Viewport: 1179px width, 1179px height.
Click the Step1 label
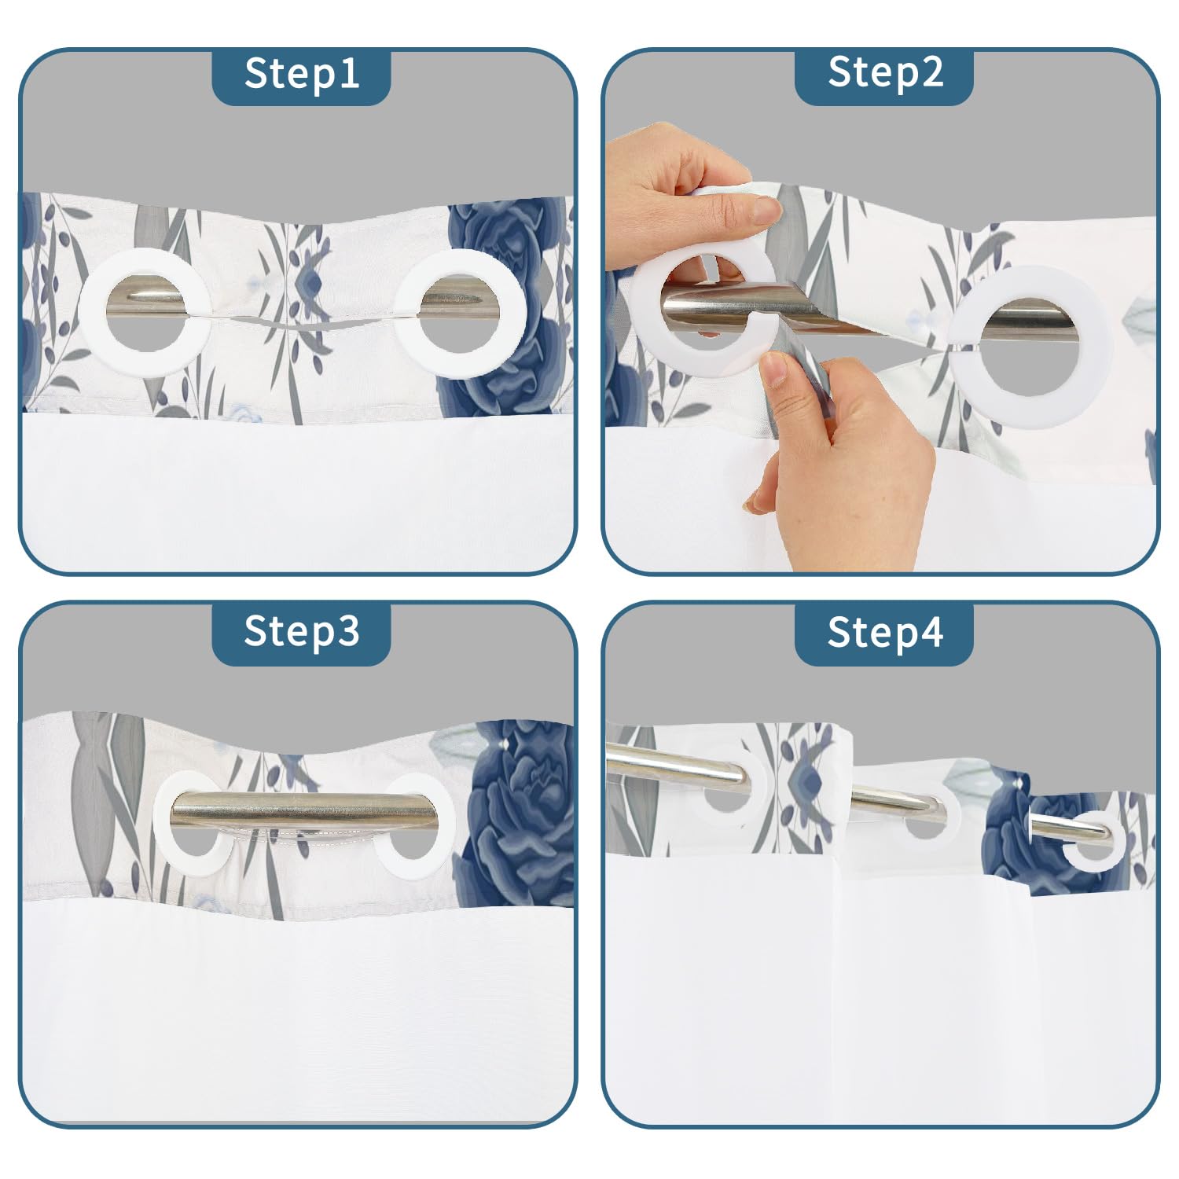click(302, 73)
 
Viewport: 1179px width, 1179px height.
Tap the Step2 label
click(885, 73)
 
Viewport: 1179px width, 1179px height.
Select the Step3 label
click(302, 631)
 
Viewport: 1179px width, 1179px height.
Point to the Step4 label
click(885, 631)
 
